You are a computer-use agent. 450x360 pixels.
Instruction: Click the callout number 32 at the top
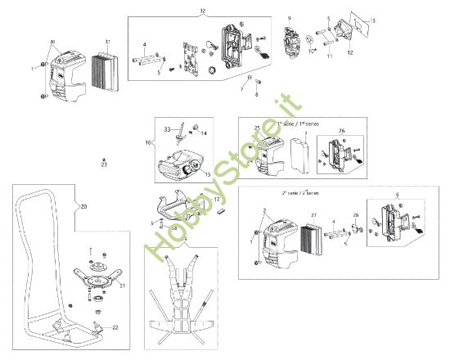(203, 10)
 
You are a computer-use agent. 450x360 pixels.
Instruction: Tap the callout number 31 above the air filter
(107, 42)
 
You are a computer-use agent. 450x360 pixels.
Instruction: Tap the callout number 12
(349, 52)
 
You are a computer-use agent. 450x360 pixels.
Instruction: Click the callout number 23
(104, 164)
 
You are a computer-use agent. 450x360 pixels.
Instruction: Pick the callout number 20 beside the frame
(83, 207)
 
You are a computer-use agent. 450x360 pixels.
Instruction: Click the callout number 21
(123, 286)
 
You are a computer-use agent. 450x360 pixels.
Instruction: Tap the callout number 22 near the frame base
(115, 327)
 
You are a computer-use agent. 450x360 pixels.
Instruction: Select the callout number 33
(167, 128)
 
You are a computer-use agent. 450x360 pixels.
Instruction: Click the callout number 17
(217, 199)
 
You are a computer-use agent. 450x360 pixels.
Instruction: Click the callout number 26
(341, 130)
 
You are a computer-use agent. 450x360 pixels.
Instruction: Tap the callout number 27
(312, 216)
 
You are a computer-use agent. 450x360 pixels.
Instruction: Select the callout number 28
(356, 216)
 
